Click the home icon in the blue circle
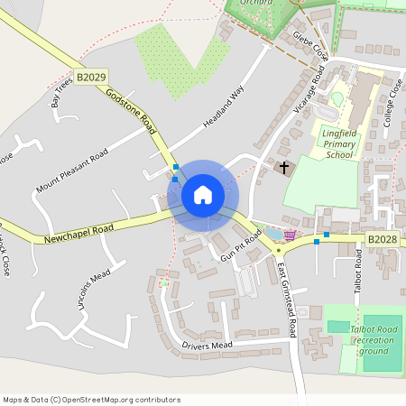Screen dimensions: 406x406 [203, 195]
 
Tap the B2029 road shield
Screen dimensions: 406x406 [90, 79]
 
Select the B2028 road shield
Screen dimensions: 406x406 [382, 239]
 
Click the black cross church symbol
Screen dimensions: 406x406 [284, 168]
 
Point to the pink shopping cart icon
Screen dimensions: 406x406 [290, 235]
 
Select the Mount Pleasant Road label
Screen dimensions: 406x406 [71, 171]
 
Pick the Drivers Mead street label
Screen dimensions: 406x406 [207, 345]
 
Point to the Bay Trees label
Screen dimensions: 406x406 [62, 93]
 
